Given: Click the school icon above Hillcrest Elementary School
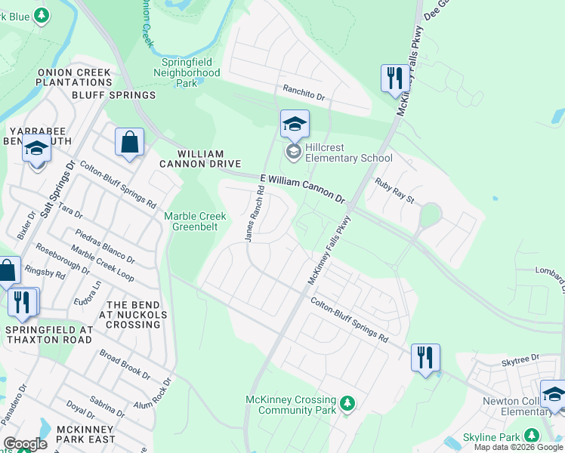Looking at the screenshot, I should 295,125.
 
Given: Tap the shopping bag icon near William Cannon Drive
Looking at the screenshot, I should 129,142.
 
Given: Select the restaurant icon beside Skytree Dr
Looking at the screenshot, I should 426,357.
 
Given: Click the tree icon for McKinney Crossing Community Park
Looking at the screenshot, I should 347,402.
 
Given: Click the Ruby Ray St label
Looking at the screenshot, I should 396,191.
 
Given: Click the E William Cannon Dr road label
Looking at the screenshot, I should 302,188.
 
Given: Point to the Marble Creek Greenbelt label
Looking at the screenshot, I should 196,220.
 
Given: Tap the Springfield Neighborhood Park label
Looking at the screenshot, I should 190,72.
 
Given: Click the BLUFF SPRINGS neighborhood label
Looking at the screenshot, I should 113,95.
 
